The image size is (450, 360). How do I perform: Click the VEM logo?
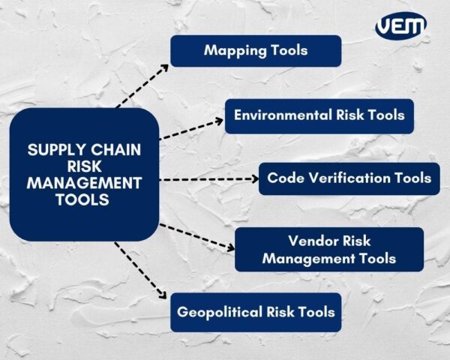[400, 26]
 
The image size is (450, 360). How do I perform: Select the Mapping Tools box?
[256, 51]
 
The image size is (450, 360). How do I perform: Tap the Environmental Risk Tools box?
[319, 115]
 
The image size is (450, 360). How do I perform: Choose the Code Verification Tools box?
[349, 178]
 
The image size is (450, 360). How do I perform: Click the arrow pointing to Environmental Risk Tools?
[191, 127]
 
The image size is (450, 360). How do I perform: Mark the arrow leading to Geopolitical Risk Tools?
[140, 271]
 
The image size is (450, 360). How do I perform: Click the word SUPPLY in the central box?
[55, 150]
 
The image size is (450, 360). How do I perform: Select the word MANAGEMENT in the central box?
[84, 183]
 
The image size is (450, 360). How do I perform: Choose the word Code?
[283, 178]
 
